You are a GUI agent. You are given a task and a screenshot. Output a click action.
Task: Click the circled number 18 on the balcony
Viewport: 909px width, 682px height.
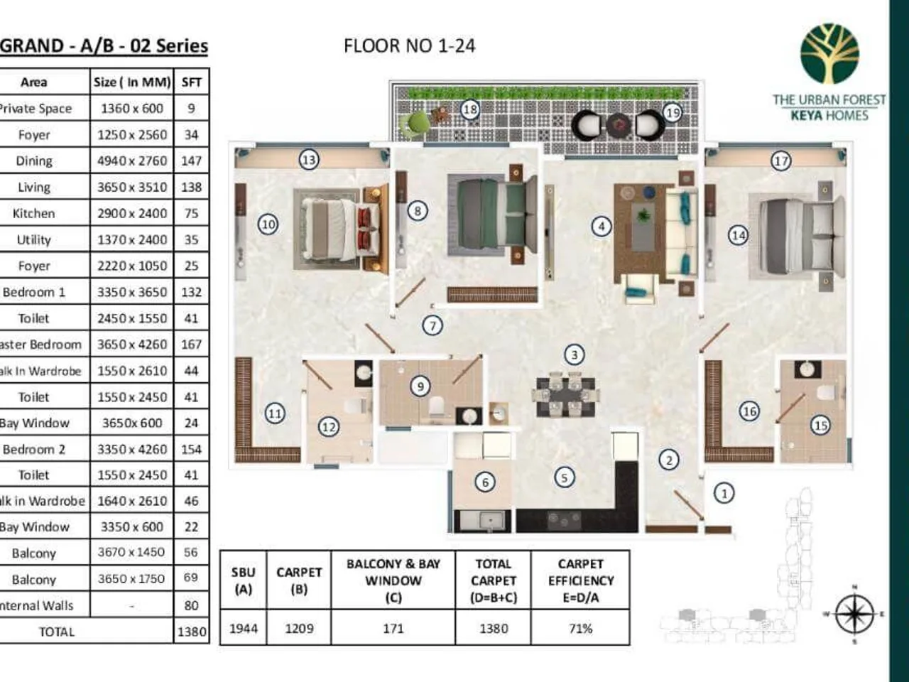tap(469, 109)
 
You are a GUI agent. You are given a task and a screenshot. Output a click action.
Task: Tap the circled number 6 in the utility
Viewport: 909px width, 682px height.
tap(485, 482)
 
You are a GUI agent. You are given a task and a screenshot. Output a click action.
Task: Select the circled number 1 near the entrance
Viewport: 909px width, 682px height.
tap(724, 493)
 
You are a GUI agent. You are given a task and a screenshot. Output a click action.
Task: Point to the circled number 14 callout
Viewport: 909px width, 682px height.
tap(739, 235)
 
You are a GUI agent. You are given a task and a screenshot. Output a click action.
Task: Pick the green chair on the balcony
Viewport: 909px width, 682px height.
tap(414, 124)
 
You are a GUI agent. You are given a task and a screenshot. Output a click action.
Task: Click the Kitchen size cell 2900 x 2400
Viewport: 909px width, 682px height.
tap(132, 213)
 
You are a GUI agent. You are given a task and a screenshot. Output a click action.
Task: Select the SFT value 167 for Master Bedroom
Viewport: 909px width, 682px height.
tap(191, 345)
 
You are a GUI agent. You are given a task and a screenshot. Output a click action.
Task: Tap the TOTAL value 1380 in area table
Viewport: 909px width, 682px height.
tap(191, 632)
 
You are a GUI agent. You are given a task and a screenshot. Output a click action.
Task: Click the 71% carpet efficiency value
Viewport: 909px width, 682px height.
tap(580, 629)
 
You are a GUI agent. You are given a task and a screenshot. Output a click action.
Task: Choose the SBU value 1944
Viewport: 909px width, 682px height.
tap(243, 629)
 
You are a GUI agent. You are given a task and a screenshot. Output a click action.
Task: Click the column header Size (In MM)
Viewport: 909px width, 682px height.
tap(132, 82)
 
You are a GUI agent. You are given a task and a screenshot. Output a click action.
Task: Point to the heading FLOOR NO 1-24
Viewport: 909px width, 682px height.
tap(409, 46)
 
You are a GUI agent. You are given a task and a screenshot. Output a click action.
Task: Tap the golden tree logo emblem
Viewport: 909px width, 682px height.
tap(829, 54)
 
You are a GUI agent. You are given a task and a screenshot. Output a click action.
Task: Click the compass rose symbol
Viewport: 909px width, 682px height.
tap(854, 614)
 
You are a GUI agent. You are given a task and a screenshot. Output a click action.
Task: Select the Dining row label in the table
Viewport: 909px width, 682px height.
tap(33, 161)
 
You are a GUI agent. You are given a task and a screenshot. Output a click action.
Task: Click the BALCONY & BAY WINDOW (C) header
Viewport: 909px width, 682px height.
tap(393, 580)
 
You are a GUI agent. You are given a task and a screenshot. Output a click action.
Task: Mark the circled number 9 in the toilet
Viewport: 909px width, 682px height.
tap(420, 386)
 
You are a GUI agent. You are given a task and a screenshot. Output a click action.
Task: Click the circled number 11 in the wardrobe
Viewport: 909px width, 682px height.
tap(275, 413)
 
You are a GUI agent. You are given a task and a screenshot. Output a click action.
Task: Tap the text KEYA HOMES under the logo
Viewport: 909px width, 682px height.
tap(829, 116)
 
